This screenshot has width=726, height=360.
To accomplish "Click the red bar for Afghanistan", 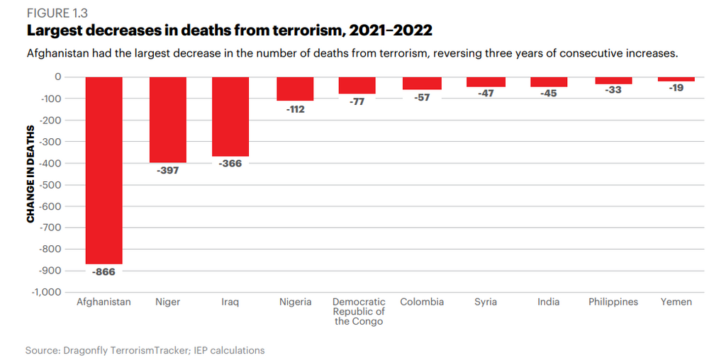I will coord(104,170).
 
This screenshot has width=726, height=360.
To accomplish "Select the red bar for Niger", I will coord(167,120).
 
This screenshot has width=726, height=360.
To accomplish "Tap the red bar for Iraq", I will coord(230,116).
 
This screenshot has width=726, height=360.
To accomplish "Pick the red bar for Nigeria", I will coord(295,89).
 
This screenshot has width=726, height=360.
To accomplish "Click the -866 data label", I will coord(104,272).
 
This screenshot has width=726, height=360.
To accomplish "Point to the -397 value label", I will coord(167,171).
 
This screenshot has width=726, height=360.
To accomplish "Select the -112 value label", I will coord(295,109).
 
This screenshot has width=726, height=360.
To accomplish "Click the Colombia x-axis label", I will coord(422,302).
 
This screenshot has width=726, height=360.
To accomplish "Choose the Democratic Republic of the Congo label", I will coord(359,311).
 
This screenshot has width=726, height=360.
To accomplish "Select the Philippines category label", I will coord(613,302).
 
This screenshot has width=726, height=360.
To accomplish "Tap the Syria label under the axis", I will coord(486,302).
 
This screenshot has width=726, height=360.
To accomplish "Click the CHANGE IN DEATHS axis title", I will coord(30,175).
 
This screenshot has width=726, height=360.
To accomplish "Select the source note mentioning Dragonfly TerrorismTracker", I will coord(145,350).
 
